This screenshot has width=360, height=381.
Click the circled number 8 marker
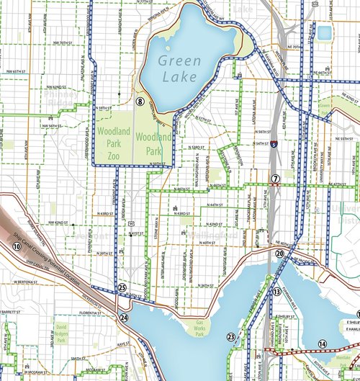coord(141,102)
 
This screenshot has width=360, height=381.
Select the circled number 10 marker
coord(17,246)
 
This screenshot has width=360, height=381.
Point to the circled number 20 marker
coord(280,254)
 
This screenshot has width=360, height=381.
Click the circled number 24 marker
coord(125,317)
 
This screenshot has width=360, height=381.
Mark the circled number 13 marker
coord(276,292)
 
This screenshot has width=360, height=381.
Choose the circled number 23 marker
coord(230,336)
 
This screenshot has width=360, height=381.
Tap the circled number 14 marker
coord(322,344)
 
